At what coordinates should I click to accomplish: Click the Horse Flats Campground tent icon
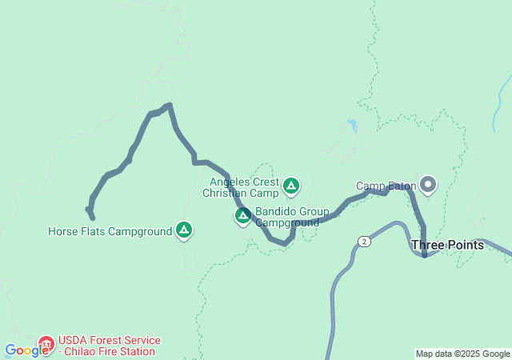click(x=185, y=231)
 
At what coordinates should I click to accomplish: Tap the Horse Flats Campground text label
click(x=110, y=232)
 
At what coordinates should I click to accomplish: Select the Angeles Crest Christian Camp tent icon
click(x=291, y=187)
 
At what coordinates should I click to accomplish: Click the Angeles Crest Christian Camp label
click(x=241, y=187)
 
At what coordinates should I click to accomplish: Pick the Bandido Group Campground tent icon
click(x=242, y=216)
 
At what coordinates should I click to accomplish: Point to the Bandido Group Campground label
click(x=292, y=217)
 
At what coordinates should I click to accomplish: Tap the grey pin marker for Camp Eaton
click(x=428, y=185)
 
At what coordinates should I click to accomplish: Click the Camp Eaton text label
click(x=386, y=186)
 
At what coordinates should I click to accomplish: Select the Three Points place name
click(x=447, y=245)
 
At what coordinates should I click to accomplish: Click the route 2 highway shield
click(x=365, y=241)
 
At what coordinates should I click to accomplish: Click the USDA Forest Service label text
click(x=110, y=340)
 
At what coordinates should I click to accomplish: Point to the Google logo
click(x=26, y=350)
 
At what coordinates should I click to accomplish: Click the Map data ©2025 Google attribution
click(x=462, y=354)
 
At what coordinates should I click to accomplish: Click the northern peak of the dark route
click(x=168, y=105)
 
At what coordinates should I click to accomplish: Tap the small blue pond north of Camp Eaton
click(x=352, y=125)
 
